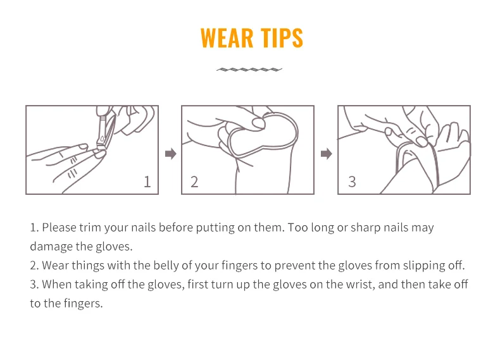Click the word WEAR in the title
pyautogui.click(x=227, y=38)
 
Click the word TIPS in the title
pyautogui.click(x=282, y=38)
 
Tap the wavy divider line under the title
pyautogui.click(x=249, y=70)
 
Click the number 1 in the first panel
pyautogui.click(x=147, y=182)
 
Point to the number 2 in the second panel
pyautogui.click(x=194, y=182)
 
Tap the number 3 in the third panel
pyautogui.click(x=352, y=182)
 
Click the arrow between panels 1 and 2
pyautogui.click(x=171, y=154)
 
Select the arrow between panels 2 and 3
pyautogui.click(x=327, y=154)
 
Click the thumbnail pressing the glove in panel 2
pyautogui.click(x=258, y=123)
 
